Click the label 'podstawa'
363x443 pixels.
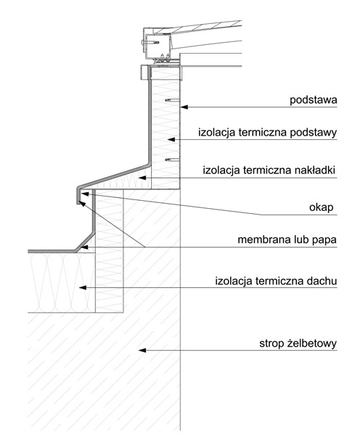(x=313, y=100)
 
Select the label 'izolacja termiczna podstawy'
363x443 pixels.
(x=267, y=133)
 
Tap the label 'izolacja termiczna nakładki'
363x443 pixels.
(x=269, y=170)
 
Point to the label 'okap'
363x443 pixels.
(x=321, y=207)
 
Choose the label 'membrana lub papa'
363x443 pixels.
(x=287, y=240)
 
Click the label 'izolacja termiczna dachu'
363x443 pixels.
(x=276, y=281)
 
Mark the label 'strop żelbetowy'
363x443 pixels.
(x=298, y=344)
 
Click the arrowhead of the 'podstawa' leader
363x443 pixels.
(x=184, y=107)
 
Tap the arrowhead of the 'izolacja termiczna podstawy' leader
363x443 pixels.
(x=171, y=139)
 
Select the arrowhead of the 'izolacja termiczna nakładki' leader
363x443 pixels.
(x=142, y=178)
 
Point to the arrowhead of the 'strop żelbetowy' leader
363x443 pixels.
(x=142, y=350)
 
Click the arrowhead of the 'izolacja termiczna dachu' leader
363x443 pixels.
(x=83, y=288)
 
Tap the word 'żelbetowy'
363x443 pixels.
(x=311, y=344)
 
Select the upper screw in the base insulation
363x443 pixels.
(x=172, y=100)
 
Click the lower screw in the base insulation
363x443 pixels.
(x=172, y=160)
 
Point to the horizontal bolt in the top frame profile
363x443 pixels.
(x=150, y=43)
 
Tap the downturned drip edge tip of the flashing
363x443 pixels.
(x=78, y=202)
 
